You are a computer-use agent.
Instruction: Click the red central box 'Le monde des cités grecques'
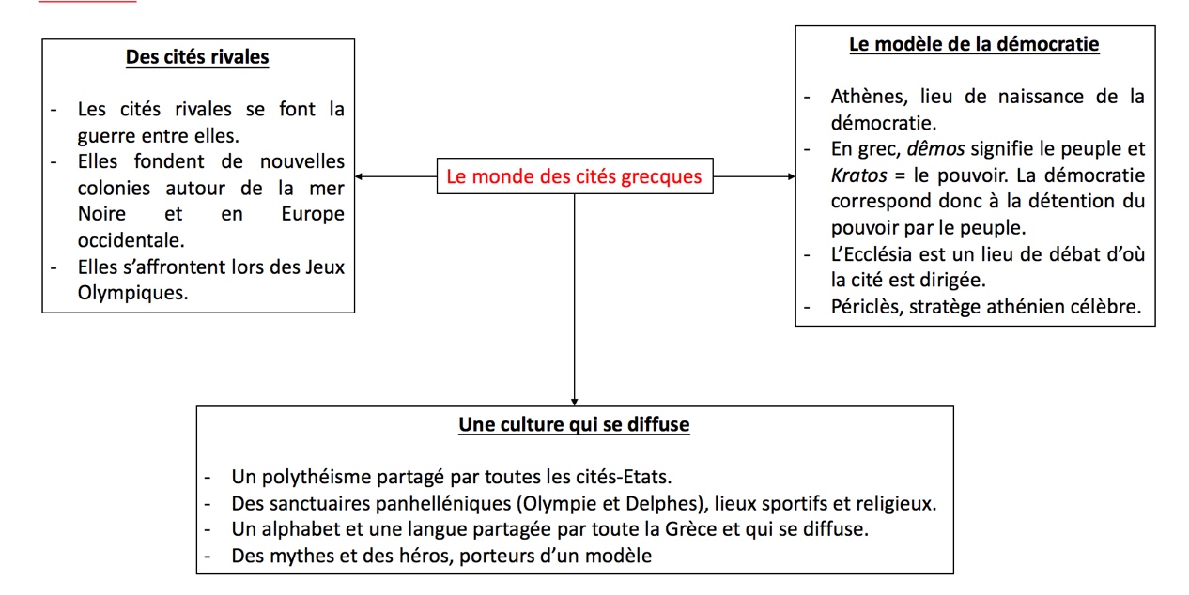pos(574,176)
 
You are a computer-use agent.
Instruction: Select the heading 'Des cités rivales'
pos(197,57)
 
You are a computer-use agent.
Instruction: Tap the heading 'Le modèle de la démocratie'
pos(974,44)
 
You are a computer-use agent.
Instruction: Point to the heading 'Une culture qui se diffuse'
pos(574,425)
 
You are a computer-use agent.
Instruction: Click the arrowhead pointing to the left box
pos(361,176)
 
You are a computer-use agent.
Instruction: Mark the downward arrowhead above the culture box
pos(574,400)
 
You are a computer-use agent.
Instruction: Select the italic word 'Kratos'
pos(858,175)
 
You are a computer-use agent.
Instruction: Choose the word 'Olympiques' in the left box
pos(131,294)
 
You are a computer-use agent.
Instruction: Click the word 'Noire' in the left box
pos(101,214)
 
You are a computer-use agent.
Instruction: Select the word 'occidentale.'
pos(131,240)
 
